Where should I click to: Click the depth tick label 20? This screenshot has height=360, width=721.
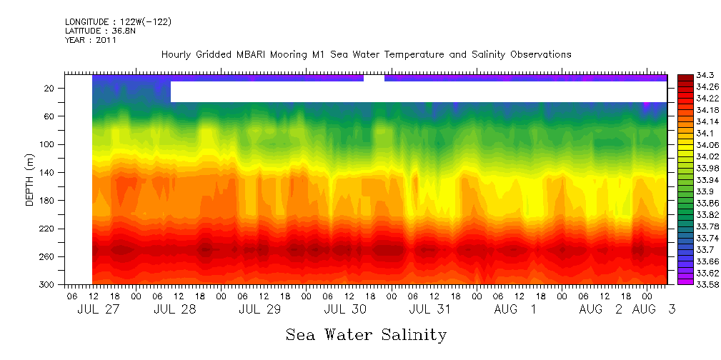[49, 88]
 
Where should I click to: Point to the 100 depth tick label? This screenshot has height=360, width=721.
[47, 144]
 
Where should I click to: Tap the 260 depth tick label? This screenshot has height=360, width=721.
[47, 256]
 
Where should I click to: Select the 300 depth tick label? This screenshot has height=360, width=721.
[47, 284]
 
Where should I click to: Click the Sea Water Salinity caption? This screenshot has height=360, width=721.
[366, 334]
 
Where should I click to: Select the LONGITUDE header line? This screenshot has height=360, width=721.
[118, 22]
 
